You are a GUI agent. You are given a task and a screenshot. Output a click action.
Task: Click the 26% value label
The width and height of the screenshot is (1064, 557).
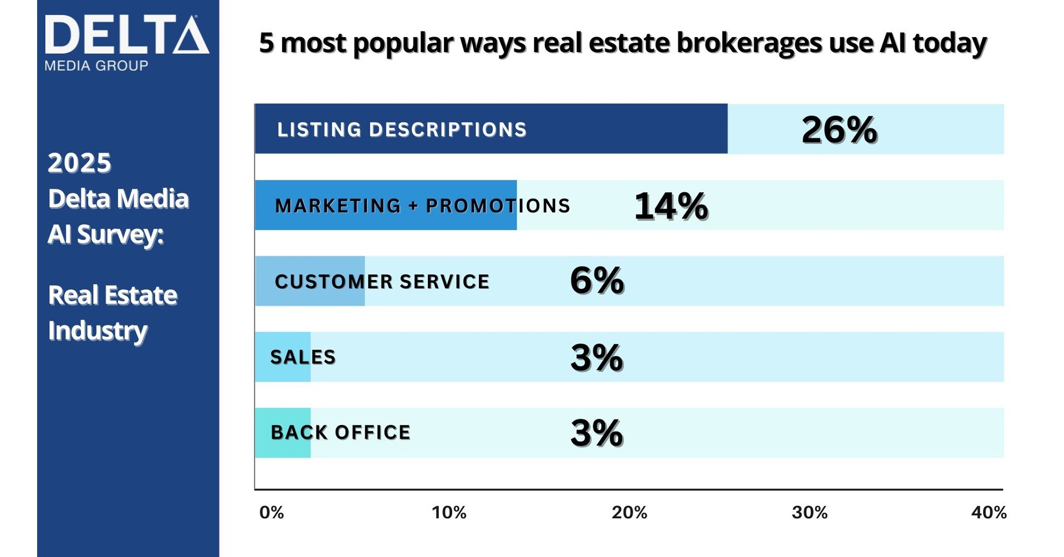point(839,130)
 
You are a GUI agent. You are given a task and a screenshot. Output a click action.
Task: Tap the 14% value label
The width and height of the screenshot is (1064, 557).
point(671,206)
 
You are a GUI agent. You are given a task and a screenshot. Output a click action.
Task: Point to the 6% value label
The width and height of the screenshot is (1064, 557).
point(597,280)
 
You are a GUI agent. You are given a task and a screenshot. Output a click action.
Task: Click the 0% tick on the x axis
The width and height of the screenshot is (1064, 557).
point(272,513)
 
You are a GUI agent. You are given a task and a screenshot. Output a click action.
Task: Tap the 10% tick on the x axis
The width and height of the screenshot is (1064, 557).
point(449,513)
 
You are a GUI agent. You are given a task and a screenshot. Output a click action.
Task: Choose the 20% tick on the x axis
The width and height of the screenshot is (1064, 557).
point(629,513)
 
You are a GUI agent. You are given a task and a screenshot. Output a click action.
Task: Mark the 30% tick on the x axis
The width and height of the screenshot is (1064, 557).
point(809,513)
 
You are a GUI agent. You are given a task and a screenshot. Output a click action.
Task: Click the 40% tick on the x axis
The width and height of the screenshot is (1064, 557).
point(989,513)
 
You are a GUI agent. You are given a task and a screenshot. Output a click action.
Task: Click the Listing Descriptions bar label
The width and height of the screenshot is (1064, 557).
point(402,130)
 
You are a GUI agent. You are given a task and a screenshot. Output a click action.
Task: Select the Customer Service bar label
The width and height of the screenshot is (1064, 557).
point(382,282)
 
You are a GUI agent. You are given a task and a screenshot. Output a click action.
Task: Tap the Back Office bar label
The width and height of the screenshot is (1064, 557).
point(341,432)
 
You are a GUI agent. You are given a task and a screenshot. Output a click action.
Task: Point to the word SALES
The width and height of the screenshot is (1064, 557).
point(303,357)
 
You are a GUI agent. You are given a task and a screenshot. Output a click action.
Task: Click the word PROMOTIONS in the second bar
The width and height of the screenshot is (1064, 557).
point(498,206)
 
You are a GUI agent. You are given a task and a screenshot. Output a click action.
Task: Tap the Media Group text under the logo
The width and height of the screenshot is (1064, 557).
point(96,66)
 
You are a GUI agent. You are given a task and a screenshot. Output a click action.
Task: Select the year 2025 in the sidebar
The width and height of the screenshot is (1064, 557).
point(79,163)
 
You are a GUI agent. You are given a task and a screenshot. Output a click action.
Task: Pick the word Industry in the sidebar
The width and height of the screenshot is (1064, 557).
point(98,331)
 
